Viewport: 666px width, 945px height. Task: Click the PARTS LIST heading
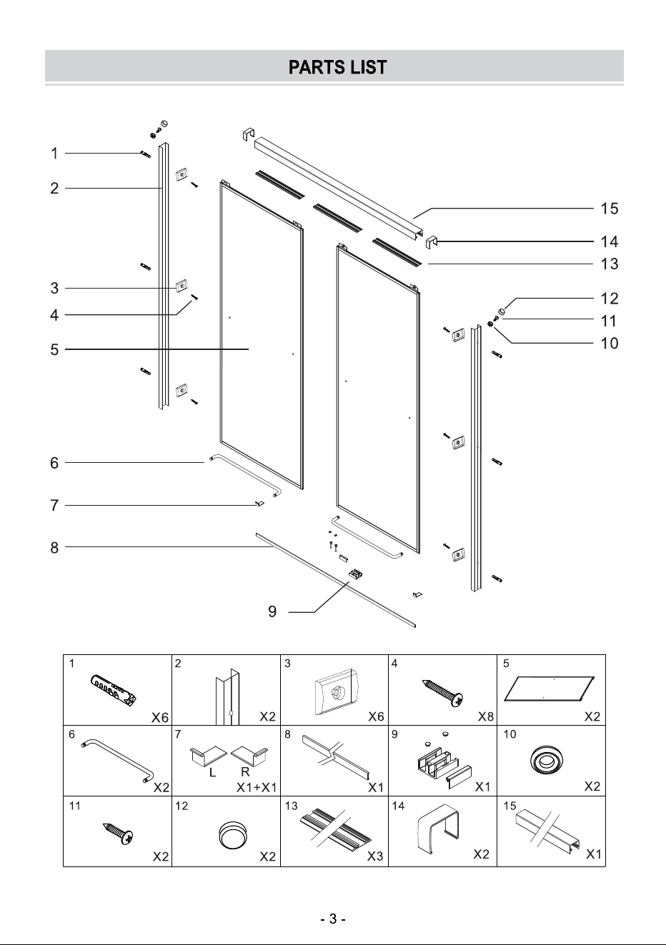[x=337, y=67]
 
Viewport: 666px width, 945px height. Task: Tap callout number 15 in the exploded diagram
[x=610, y=209]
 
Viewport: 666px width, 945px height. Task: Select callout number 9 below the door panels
[x=272, y=611]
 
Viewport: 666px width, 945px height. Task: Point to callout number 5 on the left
[x=54, y=350]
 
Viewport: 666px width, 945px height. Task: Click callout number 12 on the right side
[x=610, y=299]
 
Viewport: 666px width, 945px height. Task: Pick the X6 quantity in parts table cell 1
[x=160, y=717]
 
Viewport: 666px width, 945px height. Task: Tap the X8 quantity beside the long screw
[x=485, y=716]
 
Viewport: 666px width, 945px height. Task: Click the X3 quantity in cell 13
[x=375, y=856]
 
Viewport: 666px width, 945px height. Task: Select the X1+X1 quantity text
[x=257, y=787]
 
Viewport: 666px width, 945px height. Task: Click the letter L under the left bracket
[x=212, y=772]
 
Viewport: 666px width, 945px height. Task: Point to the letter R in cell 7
[x=245, y=772]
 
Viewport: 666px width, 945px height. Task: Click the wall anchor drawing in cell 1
[x=113, y=691]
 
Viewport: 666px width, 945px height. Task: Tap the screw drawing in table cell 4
[x=443, y=693]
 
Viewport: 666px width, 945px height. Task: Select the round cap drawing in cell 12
[x=232, y=835]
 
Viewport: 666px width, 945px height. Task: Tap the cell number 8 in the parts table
[x=287, y=734]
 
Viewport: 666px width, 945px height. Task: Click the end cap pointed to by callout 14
[x=431, y=243]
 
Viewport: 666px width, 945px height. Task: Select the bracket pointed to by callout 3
[x=182, y=286]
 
